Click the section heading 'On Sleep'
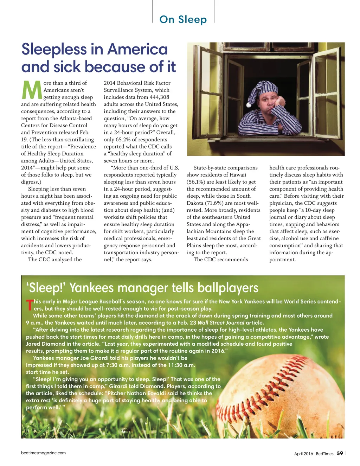point(183,19)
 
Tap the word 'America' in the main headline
point(137,49)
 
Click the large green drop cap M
point(32,90)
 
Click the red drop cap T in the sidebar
point(30,305)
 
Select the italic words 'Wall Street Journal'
point(221,323)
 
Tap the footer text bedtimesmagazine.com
point(43,453)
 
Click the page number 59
point(340,453)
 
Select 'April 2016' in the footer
point(303,454)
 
